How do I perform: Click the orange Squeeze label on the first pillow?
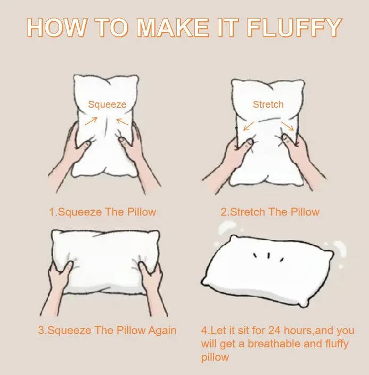coord(107,105)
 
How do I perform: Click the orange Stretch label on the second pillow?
coord(268,104)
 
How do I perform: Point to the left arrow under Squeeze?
coord(91,121)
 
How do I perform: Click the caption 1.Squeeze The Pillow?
coord(102,212)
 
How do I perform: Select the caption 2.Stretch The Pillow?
coord(270,212)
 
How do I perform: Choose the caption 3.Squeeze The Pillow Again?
coord(106,330)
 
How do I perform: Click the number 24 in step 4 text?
coord(275,331)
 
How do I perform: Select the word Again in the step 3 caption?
coord(162,330)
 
